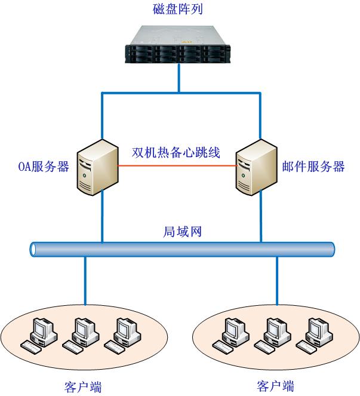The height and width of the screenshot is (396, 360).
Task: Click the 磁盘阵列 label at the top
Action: pos(179,8)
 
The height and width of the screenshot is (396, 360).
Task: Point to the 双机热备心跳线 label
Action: pos(176,152)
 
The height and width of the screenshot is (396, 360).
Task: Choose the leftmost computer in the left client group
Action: pos(39,334)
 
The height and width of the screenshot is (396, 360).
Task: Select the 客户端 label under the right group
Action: pos(275,385)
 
